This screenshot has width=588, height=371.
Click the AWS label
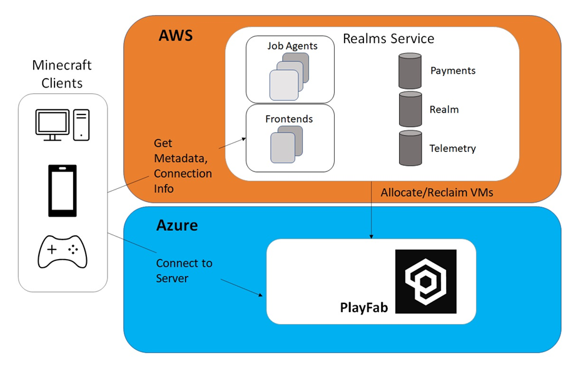[x=175, y=35]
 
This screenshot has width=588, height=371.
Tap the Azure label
[x=177, y=225]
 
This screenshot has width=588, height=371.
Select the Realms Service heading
[x=388, y=39]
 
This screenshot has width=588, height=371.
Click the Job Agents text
[x=292, y=46]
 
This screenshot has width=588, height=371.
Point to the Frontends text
[x=289, y=118]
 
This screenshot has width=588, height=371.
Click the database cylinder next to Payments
[x=410, y=71]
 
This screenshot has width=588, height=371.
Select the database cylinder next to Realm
[x=410, y=109]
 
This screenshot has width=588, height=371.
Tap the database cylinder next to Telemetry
[x=410, y=148]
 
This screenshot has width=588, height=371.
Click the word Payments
[x=453, y=71]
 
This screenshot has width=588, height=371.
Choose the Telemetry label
[x=452, y=148]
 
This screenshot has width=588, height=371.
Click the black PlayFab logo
[x=425, y=281]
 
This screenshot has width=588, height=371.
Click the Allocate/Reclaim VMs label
[x=437, y=193]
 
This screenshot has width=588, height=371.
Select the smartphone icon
[x=63, y=190]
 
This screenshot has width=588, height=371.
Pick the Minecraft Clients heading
[x=62, y=74]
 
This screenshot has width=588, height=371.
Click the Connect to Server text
[x=184, y=270]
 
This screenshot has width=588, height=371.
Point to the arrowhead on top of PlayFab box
[x=372, y=236]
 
